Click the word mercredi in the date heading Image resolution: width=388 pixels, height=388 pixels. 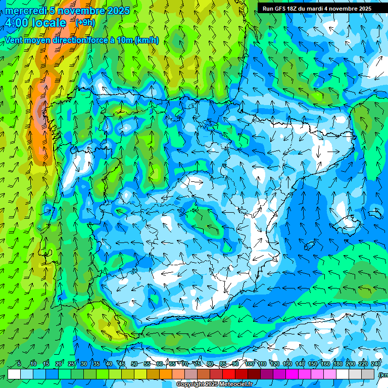pyautogui.click(x=24, y=11)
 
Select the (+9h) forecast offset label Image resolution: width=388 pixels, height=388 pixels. pyautogui.click(x=84, y=23)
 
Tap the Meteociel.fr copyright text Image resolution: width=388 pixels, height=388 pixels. pyautogui.click(x=214, y=384)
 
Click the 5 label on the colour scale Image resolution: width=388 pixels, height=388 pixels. pyautogui.click(x=19, y=364)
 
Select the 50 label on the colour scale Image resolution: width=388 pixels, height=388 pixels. pyautogui.click(x=134, y=364)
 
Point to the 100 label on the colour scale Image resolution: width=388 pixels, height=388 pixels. pyautogui.click(x=250, y=364)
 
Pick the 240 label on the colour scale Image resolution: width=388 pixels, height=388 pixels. pyautogui.click(x=376, y=364)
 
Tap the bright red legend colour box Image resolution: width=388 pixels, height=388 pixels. pyautogui.click(x=229, y=374)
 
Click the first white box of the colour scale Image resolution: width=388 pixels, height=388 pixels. pyautogui.click(x=14, y=374)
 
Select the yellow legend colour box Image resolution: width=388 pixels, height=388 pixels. pyautogui.click(x=140, y=374)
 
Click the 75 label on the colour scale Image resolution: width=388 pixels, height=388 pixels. pyautogui.click(x=198, y=364)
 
